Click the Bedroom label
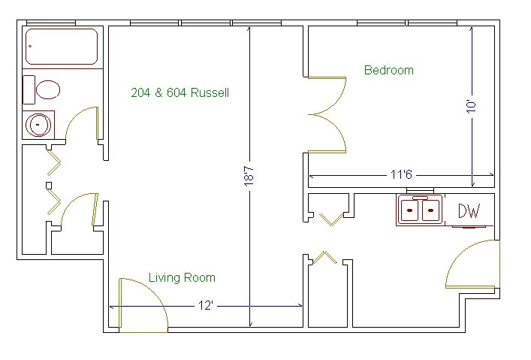tap(389, 70)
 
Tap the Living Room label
tap(183, 278)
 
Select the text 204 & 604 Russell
tap(180, 92)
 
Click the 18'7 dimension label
tap(249, 177)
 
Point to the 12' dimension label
tap(205, 306)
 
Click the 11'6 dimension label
tap(401, 174)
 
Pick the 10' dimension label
tap(472, 106)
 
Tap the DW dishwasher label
tap(469, 210)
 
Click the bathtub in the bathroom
tap(62, 47)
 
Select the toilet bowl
tap(48, 89)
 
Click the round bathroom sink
tap(38, 125)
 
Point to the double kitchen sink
tap(420, 210)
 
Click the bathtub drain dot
tap(30, 46)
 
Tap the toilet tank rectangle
tap(29, 89)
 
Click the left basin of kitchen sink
tap(410, 210)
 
